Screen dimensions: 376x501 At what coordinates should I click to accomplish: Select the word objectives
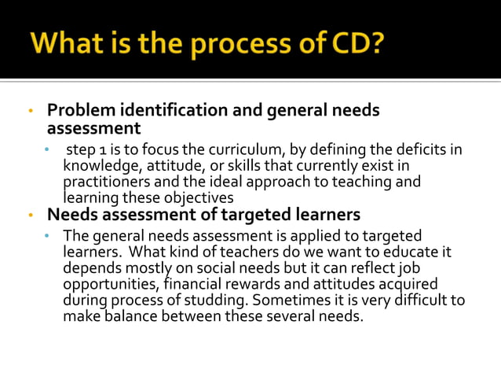click(x=199, y=197)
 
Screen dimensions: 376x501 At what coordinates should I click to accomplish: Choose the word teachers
click(x=233, y=253)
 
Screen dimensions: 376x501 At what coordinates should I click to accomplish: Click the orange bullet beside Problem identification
click(x=30, y=110)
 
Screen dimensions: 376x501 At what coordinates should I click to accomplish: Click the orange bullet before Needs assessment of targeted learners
click(x=30, y=214)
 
